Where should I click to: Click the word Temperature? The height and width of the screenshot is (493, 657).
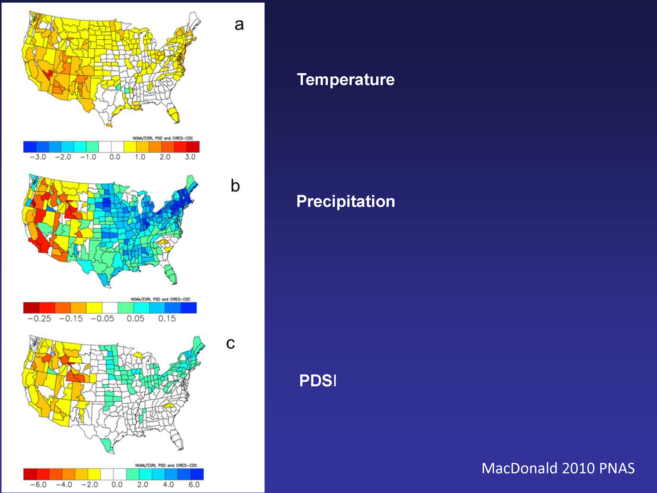pyautogui.click(x=346, y=80)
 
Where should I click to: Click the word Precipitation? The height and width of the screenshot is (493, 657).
pyautogui.click(x=346, y=202)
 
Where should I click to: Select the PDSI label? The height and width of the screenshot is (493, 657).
pyautogui.click(x=318, y=381)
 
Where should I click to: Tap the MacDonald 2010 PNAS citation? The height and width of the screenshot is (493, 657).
pyautogui.click(x=558, y=468)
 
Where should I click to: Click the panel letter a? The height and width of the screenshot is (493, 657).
pyautogui.click(x=239, y=25)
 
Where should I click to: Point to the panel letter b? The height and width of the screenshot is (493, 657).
pyautogui.click(x=235, y=186)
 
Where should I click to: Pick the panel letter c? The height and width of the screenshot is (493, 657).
pyautogui.click(x=230, y=344)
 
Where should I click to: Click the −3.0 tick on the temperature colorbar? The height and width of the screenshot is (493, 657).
pyautogui.click(x=38, y=157)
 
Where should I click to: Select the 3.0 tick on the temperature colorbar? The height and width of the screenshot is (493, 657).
pyautogui.click(x=190, y=157)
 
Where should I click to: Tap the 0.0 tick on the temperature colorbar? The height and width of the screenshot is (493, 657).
pyautogui.click(x=115, y=157)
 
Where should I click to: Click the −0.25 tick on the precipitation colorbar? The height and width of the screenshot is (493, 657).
pyautogui.click(x=39, y=319)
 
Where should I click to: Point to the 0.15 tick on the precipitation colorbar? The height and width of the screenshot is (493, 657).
pyautogui.click(x=167, y=319)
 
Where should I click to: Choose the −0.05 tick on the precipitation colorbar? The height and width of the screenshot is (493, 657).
pyautogui.click(x=102, y=319)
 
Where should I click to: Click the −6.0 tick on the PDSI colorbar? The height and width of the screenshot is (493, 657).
pyautogui.click(x=38, y=485)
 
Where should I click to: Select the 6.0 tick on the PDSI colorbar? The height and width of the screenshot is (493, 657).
pyautogui.click(x=194, y=485)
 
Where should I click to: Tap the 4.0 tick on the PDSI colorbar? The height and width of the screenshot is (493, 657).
pyautogui.click(x=168, y=485)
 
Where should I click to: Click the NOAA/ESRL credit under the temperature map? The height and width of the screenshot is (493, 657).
pyautogui.click(x=163, y=138)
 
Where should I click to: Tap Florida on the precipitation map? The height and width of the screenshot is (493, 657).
pyautogui.click(x=171, y=275)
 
